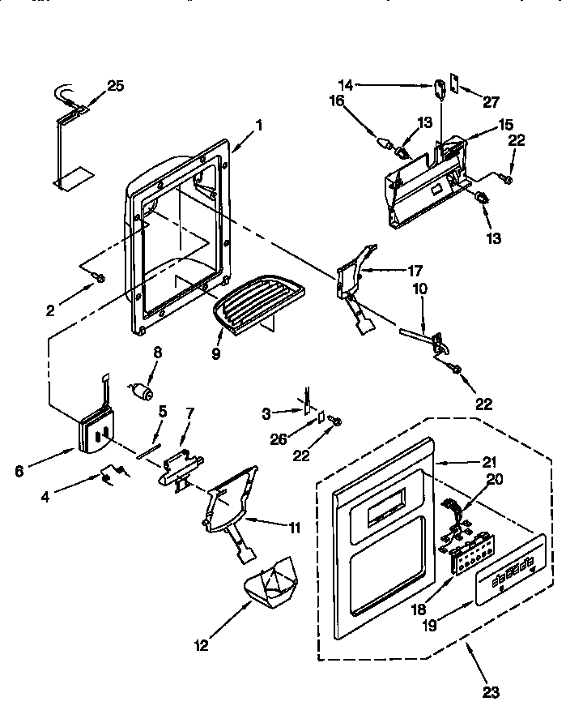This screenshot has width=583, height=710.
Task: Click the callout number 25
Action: pyautogui.click(x=116, y=86)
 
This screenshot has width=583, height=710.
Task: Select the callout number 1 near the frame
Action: pyautogui.click(x=259, y=125)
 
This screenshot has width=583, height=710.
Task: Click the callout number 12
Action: pyautogui.click(x=200, y=645)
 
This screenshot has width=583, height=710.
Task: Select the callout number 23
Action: pyautogui.click(x=491, y=693)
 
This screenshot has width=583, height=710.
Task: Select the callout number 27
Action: pyautogui.click(x=492, y=102)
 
